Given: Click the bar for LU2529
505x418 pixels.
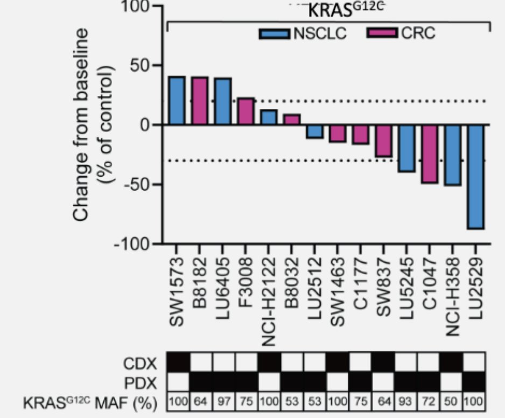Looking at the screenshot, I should click(476, 177).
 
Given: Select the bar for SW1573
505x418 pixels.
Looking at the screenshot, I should click(177, 101).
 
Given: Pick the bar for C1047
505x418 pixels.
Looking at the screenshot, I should click(430, 154).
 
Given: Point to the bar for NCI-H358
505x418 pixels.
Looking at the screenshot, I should click(453, 155).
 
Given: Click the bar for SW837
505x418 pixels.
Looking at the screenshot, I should click(384, 141).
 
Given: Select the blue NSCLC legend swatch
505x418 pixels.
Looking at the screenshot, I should click(275, 33).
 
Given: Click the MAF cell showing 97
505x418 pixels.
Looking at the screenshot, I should click(223, 401).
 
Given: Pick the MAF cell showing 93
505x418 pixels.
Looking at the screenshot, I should click(406, 401).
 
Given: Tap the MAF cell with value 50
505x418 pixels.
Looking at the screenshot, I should click(453, 401).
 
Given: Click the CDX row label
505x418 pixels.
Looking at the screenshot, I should click(141, 361).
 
